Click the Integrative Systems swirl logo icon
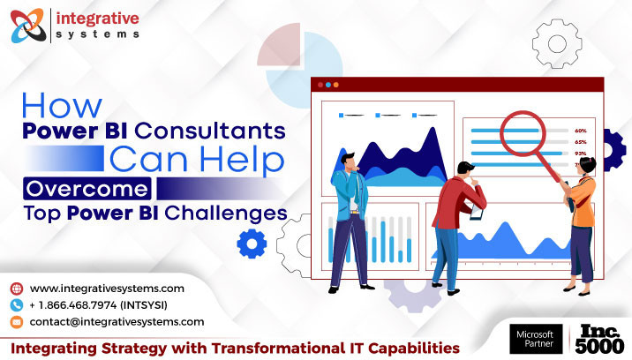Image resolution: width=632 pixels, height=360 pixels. (28, 26)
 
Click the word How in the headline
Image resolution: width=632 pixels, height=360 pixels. (62, 106)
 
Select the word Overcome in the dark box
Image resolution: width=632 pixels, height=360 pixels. (87, 189)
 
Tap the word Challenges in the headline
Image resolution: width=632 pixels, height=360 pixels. (226, 213)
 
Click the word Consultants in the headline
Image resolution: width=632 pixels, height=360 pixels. (209, 131)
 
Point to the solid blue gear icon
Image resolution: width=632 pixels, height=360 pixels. (252, 244)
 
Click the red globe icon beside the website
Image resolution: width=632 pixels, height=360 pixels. (17, 289)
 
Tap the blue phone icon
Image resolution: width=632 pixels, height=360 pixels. (17, 305)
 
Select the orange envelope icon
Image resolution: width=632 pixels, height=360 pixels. (17, 322)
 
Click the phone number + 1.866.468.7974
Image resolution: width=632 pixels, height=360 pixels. (73, 305)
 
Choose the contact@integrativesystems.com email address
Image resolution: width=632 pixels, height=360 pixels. (117, 322)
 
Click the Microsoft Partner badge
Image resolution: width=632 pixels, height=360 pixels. (536, 339)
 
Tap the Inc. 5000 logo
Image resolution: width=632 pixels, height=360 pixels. (599, 339)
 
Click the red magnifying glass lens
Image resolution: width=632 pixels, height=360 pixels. (523, 133)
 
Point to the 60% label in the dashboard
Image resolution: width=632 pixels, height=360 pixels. (581, 131)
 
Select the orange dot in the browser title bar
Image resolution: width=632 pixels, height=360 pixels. (335, 85)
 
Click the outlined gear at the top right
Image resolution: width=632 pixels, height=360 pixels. (557, 43)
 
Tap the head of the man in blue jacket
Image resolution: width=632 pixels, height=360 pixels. (349, 161)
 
